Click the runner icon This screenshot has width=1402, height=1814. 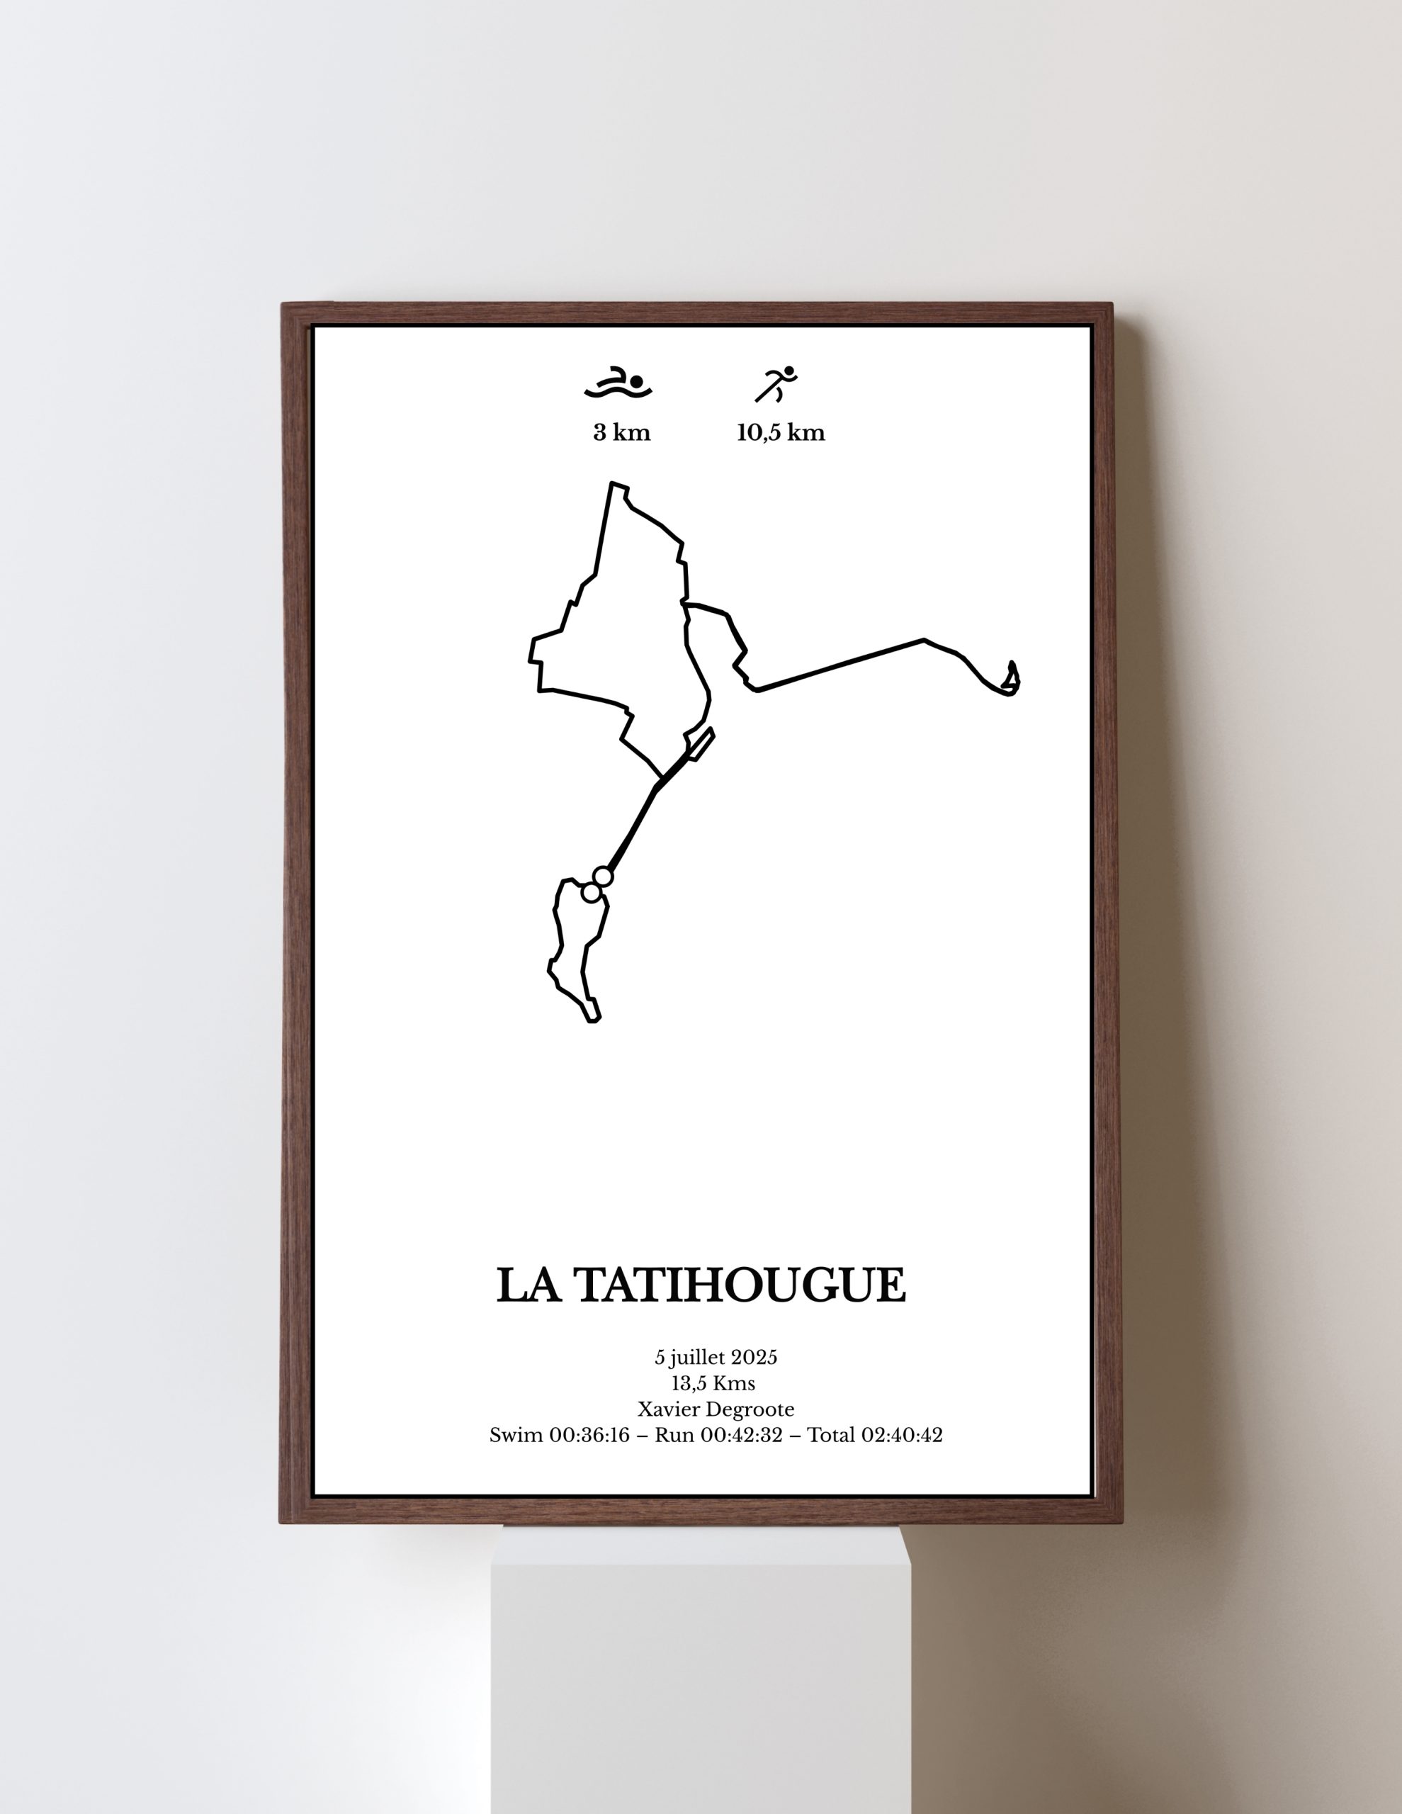click(776, 384)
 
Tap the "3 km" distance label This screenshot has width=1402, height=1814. click(621, 433)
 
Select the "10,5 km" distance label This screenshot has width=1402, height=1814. click(781, 433)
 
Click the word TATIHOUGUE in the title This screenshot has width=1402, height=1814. click(740, 1286)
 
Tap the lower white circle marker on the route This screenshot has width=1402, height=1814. click(592, 893)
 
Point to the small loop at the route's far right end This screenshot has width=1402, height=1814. click(1011, 680)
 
